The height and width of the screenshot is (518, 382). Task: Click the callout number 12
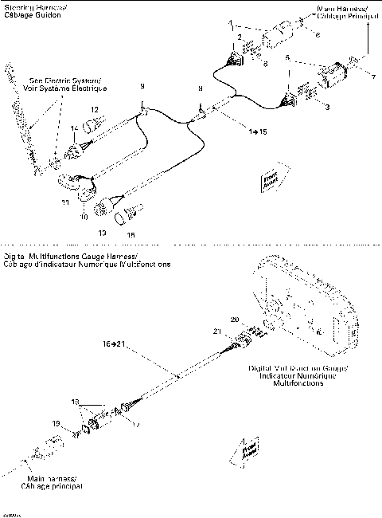pyautogui.click(x=93, y=109)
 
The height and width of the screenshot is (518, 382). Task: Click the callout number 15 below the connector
pyautogui.click(x=131, y=235)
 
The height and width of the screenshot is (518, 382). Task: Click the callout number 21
pyautogui.click(x=238, y=330)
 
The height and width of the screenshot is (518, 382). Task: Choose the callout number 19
pyautogui.click(x=56, y=422)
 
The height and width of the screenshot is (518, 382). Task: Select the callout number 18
pyautogui.click(x=76, y=400)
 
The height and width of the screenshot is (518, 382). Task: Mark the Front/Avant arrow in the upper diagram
pyautogui.click(x=268, y=182)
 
